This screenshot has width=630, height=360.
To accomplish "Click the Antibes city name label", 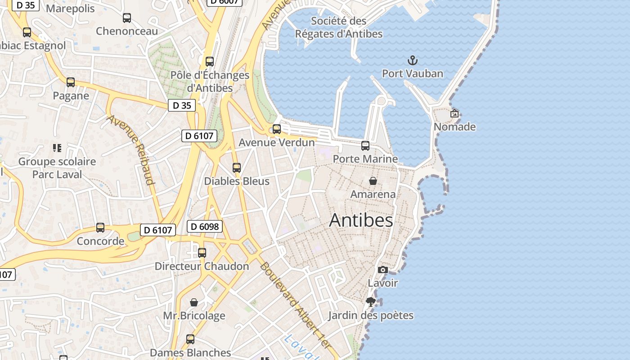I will [x=361, y=220].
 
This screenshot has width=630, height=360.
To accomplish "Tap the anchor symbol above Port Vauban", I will [x=412, y=60].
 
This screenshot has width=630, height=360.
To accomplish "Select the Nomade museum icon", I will [x=454, y=113].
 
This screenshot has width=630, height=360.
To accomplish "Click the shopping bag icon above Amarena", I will [x=373, y=181].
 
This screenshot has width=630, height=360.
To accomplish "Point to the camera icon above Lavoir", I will [x=383, y=270].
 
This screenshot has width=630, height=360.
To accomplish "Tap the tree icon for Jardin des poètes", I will [x=371, y=302].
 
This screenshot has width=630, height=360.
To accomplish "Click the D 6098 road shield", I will [x=205, y=226].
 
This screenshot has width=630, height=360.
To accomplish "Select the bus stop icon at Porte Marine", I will [x=365, y=146].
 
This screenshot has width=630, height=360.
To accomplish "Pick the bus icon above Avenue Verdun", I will [x=277, y=129].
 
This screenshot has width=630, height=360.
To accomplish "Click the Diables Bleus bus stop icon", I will [x=237, y=168].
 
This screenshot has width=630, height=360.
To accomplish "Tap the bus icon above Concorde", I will [x=100, y=228].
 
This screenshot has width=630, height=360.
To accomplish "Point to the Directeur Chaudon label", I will [x=202, y=266].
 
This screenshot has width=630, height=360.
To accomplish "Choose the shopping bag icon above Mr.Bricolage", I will [x=194, y=302].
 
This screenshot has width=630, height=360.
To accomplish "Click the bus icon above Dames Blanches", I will [x=190, y=339].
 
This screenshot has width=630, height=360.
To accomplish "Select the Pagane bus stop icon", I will [x=71, y=82].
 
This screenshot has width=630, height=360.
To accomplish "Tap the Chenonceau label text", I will [x=127, y=31].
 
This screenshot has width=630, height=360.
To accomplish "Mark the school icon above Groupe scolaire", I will [x=57, y=148].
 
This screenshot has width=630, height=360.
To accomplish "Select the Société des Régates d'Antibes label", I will [x=339, y=27].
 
